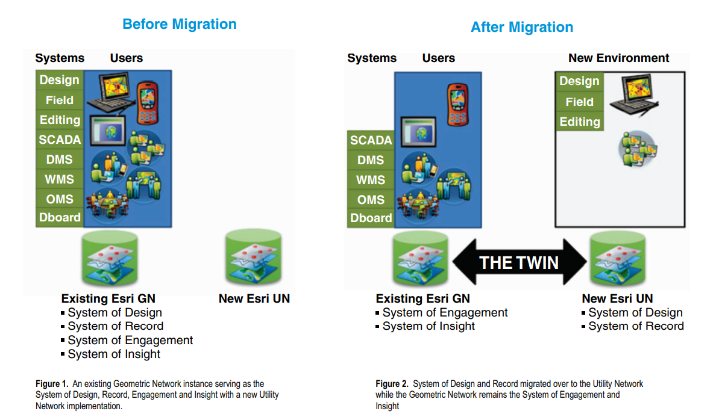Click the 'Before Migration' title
(179, 25)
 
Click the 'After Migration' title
(521, 28)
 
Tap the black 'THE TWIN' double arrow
(519, 262)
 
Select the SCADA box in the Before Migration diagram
(60, 140)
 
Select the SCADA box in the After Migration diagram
(371, 140)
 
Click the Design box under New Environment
(579, 81)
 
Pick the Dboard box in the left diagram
(60, 218)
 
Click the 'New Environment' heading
(618, 58)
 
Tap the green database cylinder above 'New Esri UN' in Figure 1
(254, 258)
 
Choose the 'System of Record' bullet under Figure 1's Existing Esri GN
(115, 326)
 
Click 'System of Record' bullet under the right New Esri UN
(636, 326)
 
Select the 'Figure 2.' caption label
(392, 384)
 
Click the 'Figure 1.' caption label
(52, 384)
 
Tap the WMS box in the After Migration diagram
(371, 180)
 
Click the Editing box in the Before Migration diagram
(60, 120)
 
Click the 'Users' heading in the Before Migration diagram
(126, 58)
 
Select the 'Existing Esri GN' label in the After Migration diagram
(422, 298)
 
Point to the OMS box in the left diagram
(60, 199)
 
